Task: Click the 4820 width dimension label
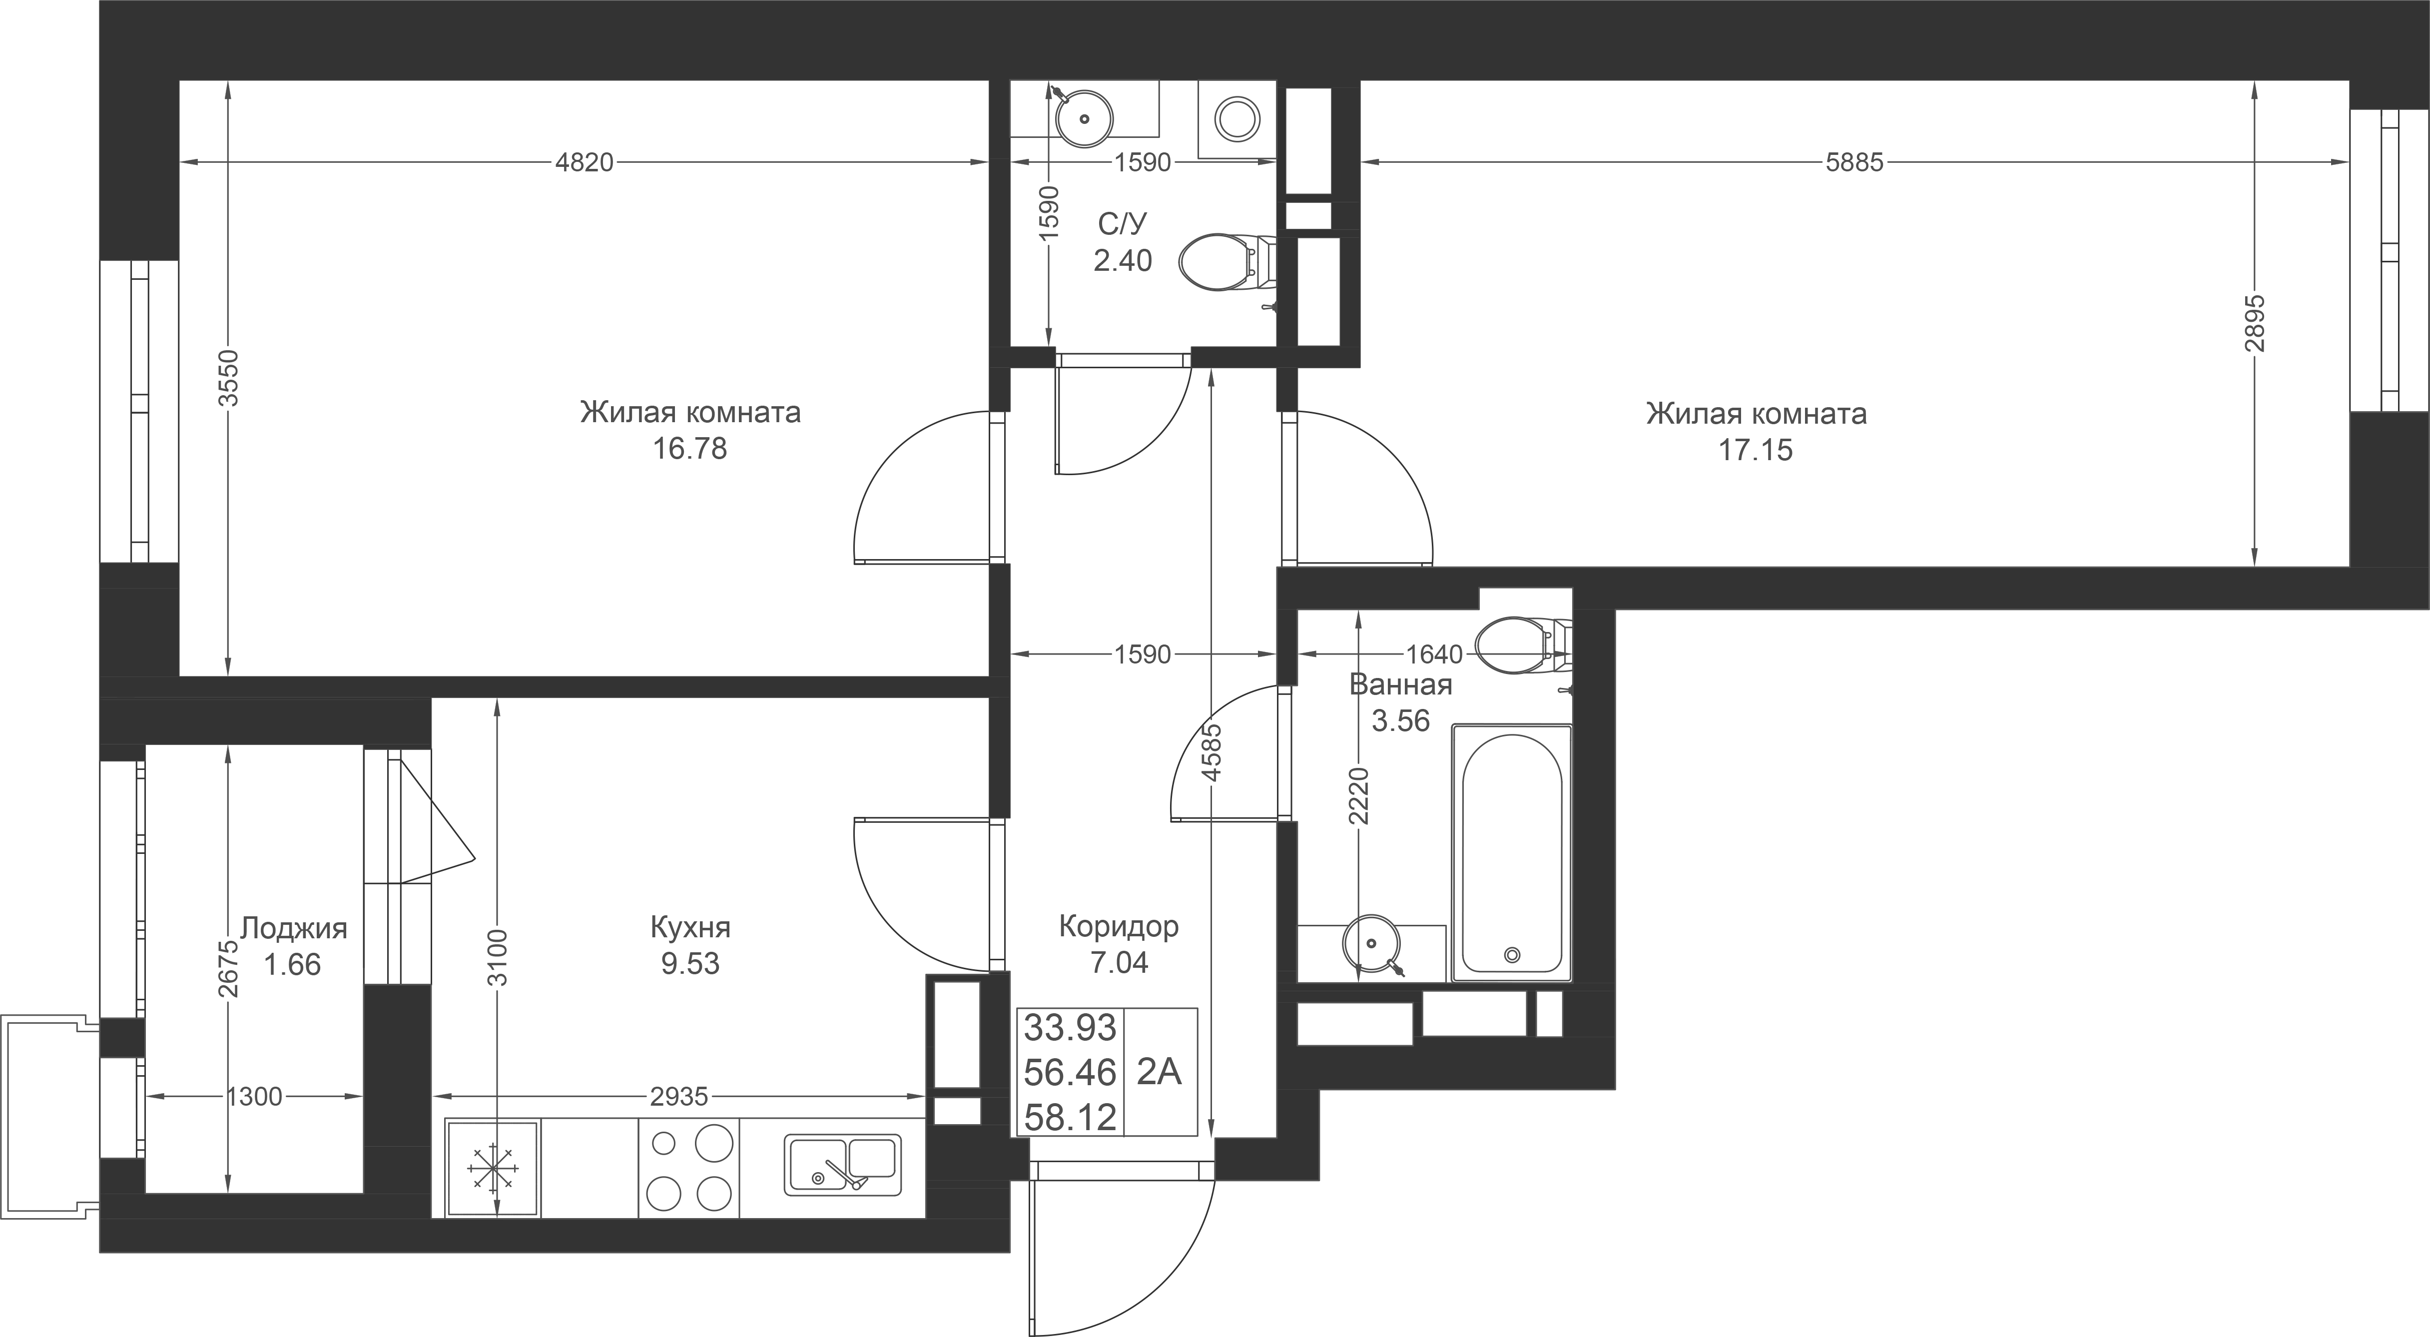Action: point(584,163)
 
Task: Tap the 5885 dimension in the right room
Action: point(1854,163)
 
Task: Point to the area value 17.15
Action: point(1756,450)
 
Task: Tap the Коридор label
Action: point(1119,927)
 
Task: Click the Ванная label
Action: point(1401,685)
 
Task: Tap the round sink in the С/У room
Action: point(1085,119)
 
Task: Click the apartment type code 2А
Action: point(1160,1073)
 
